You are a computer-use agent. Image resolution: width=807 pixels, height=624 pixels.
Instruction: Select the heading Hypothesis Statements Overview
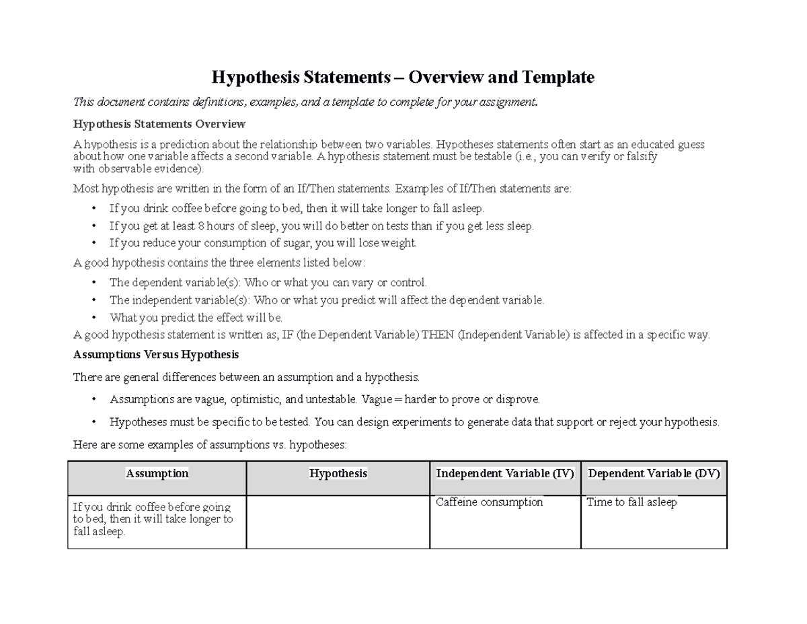tap(159, 124)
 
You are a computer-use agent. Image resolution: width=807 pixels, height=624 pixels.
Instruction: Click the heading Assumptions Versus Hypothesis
tap(156, 354)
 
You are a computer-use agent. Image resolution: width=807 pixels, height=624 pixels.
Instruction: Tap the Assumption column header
tap(157, 473)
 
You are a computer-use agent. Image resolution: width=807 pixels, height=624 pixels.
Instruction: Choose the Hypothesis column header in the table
tap(338, 473)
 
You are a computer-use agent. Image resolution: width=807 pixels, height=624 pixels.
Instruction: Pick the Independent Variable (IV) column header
tap(505, 473)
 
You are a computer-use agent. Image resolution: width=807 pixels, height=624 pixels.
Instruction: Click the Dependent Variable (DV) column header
tap(654, 473)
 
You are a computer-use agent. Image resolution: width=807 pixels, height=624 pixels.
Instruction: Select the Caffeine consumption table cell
tap(490, 502)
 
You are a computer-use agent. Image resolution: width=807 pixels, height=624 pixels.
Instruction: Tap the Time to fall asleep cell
tap(631, 502)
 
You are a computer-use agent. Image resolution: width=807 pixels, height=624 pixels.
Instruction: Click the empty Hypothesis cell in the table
tap(338, 522)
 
